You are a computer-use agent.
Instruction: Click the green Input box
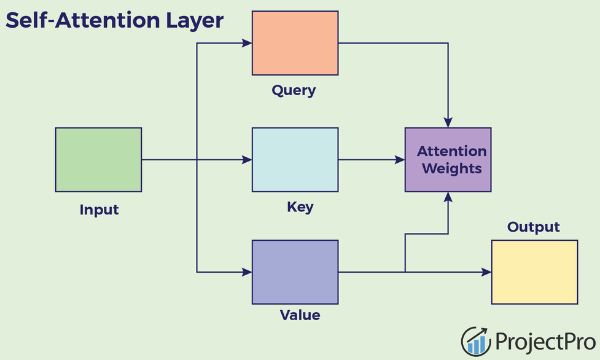click(x=98, y=160)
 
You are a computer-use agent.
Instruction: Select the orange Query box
click(x=295, y=43)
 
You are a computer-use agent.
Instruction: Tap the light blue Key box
click(x=295, y=160)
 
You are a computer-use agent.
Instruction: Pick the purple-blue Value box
click(x=295, y=272)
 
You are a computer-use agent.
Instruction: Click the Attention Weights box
click(x=448, y=160)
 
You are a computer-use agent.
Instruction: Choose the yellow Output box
click(x=534, y=272)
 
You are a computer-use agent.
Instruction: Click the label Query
click(x=294, y=91)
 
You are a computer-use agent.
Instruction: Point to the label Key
click(x=300, y=207)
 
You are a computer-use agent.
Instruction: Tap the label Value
click(x=300, y=316)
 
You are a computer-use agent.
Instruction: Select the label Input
click(x=99, y=210)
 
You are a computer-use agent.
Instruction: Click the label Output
click(x=533, y=227)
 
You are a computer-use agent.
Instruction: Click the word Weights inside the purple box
click(x=452, y=168)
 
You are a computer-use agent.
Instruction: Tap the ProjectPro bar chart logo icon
click(x=476, y=341)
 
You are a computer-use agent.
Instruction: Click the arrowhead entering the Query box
click(x=247, y=43)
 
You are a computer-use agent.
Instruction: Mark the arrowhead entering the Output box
click(x=486, y=272)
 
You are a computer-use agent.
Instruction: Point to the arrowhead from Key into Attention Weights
click(x=400, y=160)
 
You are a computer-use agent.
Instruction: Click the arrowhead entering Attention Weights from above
click(x=448, y=122)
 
